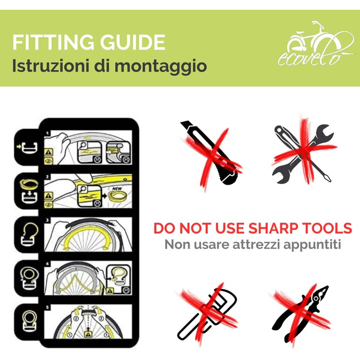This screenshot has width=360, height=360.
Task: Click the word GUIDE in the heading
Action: point(133,42)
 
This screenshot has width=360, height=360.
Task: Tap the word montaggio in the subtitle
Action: point(160,66)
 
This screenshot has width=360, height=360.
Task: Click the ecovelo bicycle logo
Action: point(316,43)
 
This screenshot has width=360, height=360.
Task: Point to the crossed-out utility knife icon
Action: point(211,153)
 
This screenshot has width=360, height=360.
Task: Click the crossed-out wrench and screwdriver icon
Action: point(303,153)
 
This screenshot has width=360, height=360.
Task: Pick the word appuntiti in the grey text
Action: point(312,245)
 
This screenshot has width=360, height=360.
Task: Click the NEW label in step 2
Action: point(117,189)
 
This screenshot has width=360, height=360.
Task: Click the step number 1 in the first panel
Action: point(47,133)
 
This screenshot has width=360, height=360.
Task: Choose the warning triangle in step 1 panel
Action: point(48,152)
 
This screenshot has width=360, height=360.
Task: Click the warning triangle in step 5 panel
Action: point(88,334)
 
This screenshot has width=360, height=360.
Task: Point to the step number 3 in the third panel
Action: point(47,221)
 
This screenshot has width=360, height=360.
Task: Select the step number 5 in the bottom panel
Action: point(47,308)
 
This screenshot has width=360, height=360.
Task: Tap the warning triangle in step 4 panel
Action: point(110,291)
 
